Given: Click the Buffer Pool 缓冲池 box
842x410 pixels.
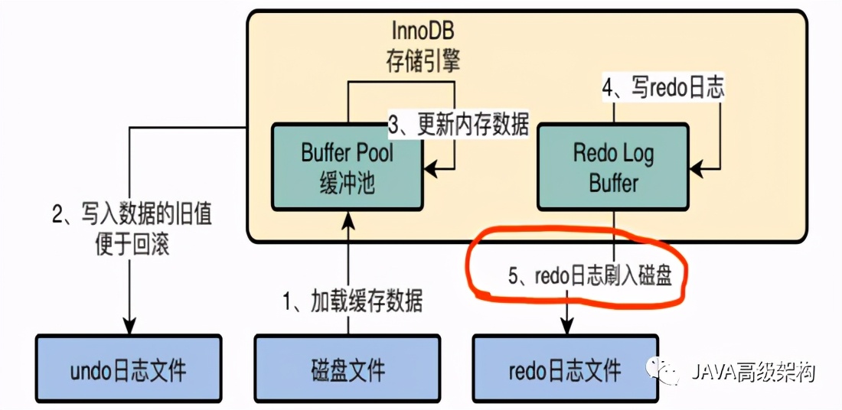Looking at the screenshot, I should click(347, 167).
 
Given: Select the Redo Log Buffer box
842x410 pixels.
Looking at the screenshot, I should click(613, 167).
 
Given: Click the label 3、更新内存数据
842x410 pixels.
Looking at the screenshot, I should click(459, 124).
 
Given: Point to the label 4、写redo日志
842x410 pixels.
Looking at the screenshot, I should click(663, 88).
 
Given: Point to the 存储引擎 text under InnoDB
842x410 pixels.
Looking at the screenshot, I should click(423, 61).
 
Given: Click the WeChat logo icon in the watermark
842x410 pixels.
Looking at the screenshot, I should click(661, 372).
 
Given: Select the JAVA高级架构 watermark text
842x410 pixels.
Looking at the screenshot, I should click(753, 373).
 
